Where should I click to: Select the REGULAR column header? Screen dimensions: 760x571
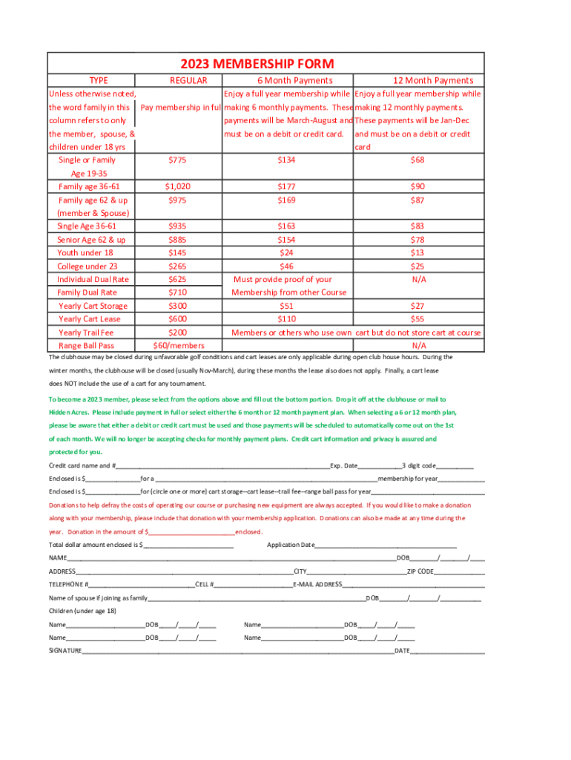(x=188, y=80)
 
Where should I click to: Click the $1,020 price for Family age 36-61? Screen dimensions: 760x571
(x=177, y=187)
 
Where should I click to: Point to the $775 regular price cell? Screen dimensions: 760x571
(x=177, y=160)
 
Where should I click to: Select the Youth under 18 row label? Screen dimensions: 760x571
(x=85, y=252)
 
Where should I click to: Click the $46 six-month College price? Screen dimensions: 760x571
(x=286, y=266)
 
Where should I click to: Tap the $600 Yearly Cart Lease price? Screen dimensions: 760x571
(x=177, y=319)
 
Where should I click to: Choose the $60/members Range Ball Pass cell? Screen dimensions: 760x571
(x=177, y=345)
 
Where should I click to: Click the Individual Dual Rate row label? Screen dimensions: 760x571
(x=93, y=279)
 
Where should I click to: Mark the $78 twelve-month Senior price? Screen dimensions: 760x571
(x=418, y=240)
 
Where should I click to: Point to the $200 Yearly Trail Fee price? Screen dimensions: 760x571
(x=177, y=332)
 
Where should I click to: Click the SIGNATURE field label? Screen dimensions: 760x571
(x=65, y=651)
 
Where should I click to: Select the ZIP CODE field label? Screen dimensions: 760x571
(x=420, y=571)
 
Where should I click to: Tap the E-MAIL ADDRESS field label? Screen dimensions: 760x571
(x=317, y=584)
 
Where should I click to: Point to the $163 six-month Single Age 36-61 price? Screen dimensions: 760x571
(x=286, y=226)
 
